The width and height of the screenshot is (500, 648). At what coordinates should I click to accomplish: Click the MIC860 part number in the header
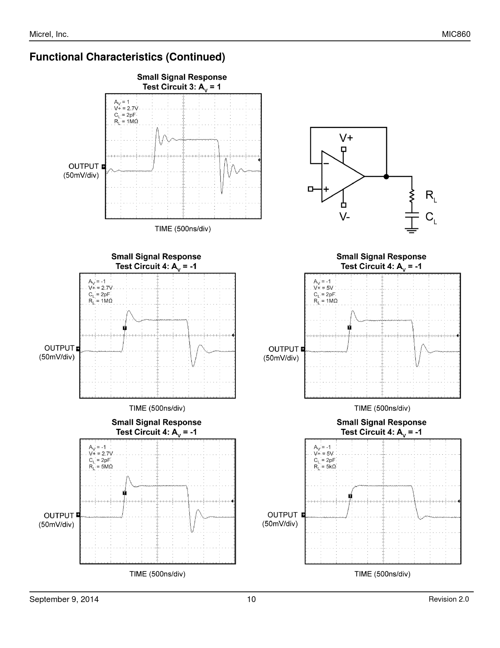pyautogui.click(x=456, y=34)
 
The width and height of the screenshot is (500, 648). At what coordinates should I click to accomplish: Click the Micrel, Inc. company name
pyautogui.click(x=49, y=34)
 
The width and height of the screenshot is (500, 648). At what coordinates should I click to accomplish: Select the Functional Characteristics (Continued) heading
pyautogui.click(x=127, y=57)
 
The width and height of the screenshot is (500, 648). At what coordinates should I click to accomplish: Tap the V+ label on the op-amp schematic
pyautogui.click(x=346, y=138)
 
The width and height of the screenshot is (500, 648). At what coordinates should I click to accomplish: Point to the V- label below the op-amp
pyautogui.click(x=344, y=216)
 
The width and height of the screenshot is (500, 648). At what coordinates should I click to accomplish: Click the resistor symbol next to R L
pyautogui.click(x=412, y=196)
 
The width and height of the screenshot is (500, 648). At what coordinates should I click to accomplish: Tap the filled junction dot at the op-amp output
pyautogui.click(x=386, y=177)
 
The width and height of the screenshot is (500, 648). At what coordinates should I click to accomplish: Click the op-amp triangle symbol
pyautogui.click(x=339, y=177)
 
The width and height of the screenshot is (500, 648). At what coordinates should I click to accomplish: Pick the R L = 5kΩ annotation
pyautogui.click(x=325, y=467)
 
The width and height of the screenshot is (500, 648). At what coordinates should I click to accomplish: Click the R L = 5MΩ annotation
pyautogui.click(x=101, y=467)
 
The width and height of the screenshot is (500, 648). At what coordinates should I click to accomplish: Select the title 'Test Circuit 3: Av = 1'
pyautogui.click(x=182, y=87)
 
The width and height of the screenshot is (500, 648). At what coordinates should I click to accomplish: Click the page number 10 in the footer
pyautogui.click(x=251, y=599)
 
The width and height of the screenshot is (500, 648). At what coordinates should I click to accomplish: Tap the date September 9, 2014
pyautogui.click(x=64, y=599)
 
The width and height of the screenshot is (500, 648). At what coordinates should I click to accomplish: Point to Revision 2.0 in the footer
pyautogui.click(x=449, y=599)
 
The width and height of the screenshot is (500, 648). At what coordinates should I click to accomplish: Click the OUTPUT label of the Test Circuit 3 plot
pyautogui.click(x=84, y=167)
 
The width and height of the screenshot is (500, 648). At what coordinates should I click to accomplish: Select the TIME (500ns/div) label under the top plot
pyautogui.click(x=183, y=229)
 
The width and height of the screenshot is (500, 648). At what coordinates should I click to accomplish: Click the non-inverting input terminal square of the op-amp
pyautogui.click(x=311, y=189)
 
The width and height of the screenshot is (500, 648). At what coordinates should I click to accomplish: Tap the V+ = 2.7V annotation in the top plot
pyautogui.click(x=126, y=108)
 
